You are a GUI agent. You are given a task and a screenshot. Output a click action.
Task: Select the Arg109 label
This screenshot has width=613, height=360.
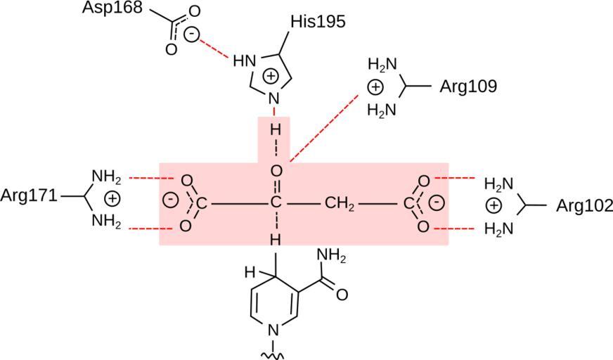468,86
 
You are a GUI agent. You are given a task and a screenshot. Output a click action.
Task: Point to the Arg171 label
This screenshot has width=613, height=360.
29,196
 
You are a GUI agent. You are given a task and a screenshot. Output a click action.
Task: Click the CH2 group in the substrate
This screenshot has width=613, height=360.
340,205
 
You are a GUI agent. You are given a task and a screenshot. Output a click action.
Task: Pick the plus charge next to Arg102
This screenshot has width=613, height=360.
494,205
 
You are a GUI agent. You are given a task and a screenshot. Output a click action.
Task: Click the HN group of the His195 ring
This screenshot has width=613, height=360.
243,61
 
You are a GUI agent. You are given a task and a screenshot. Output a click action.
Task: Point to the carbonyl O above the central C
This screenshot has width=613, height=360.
276,171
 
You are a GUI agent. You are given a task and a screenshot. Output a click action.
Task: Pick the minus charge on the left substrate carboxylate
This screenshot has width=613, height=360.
169,199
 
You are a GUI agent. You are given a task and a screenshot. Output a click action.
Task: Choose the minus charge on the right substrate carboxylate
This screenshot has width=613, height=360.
436,202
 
